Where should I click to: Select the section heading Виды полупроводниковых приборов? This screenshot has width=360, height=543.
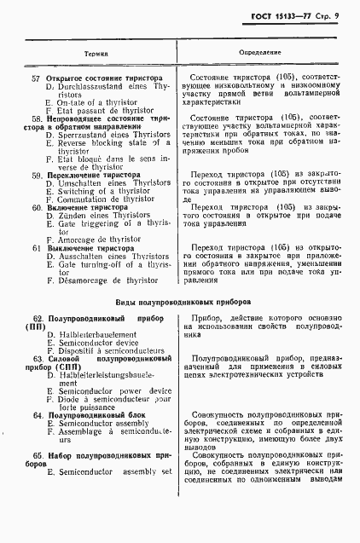coord(180,301)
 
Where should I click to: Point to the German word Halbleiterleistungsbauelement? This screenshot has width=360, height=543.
coord(107,374)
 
